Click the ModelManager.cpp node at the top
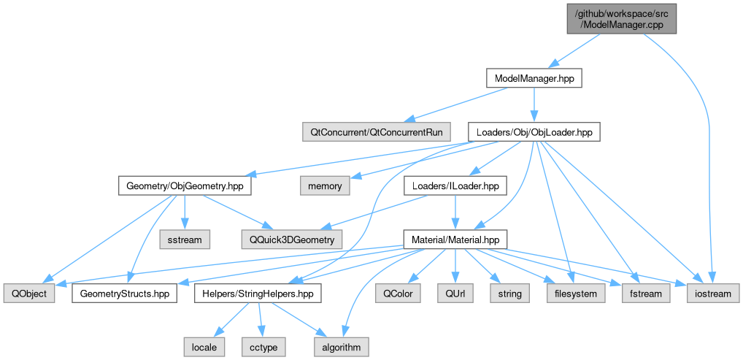[622, 18]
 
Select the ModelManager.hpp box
[534, 77]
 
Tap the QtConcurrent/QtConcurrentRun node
[376, 132]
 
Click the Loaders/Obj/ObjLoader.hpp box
[534, 132]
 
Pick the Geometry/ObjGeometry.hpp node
[184, 186]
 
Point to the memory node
[325, 186]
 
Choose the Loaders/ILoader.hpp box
[455, 186]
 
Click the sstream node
[184, 239]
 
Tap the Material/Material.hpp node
[455, 239]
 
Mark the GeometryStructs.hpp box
[125, 294]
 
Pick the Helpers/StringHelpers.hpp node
[258, 294]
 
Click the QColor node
[398, 294]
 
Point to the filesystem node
[576, 294]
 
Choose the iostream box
[712, 294]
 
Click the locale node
[204, 347]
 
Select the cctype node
[262, 347]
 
